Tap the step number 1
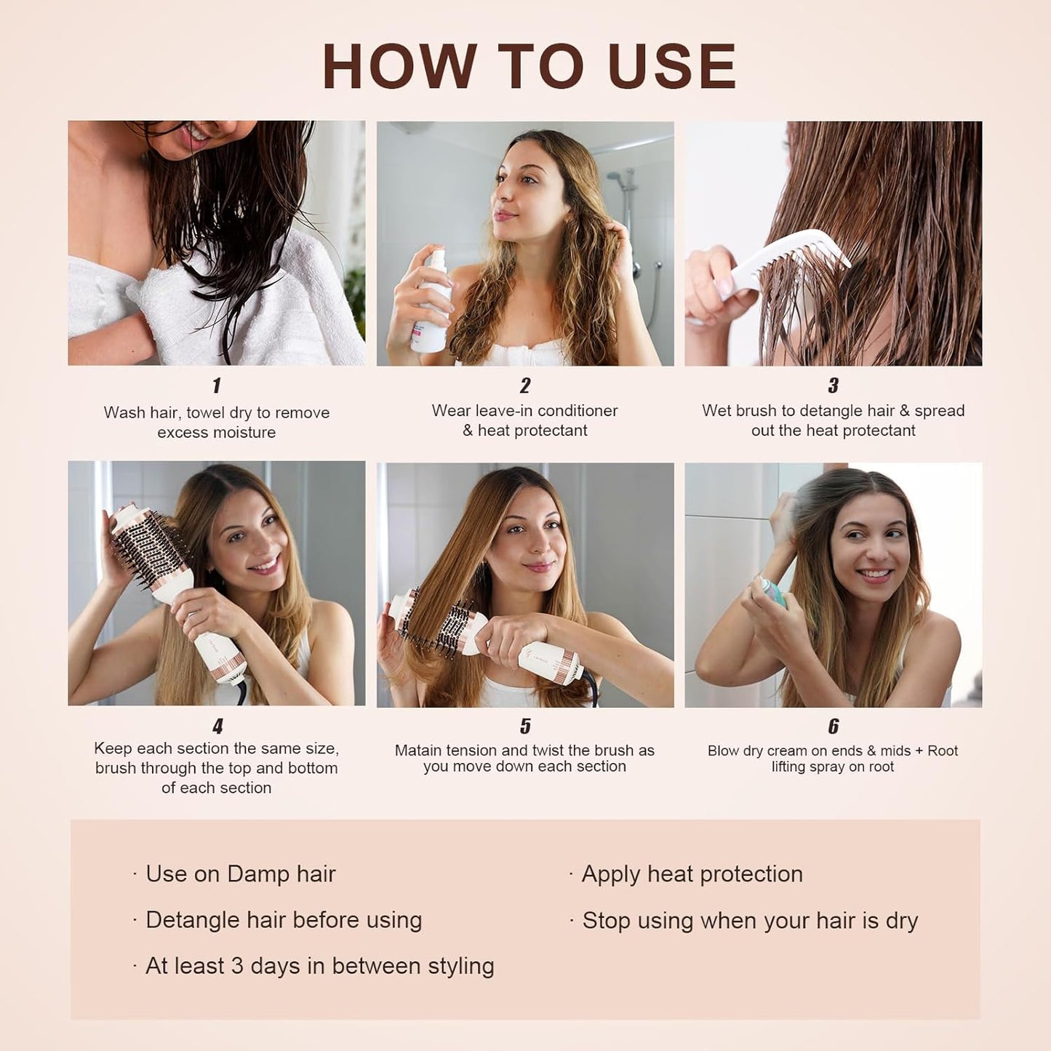coord(216,385)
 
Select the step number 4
coord(217,726)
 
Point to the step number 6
coord(833,726)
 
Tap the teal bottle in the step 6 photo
coord(774,591)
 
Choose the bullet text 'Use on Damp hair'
coord(240,874)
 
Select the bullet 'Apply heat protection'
coord(692,874)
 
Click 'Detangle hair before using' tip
coord(284,920)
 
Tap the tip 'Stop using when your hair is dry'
coord(749,921)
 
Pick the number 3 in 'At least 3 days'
coord(237,966)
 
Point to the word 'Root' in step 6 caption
coord(943,751)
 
